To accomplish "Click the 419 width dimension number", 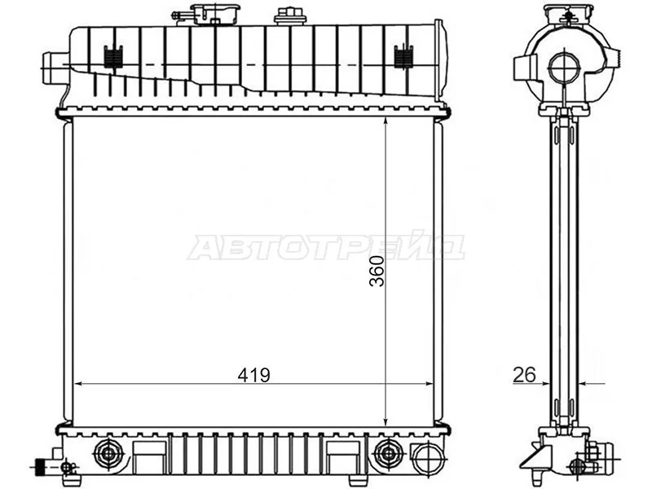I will coord(254,375).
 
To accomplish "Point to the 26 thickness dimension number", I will coord(523,375).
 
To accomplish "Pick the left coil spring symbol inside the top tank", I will coord(113,57).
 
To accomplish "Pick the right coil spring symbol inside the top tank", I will coord(403,57).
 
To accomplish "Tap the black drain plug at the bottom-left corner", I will coord(39,467).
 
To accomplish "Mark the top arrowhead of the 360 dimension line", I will coord(385,121).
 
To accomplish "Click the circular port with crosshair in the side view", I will coord(563,68).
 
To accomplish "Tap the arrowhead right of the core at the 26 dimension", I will coord(584,383).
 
